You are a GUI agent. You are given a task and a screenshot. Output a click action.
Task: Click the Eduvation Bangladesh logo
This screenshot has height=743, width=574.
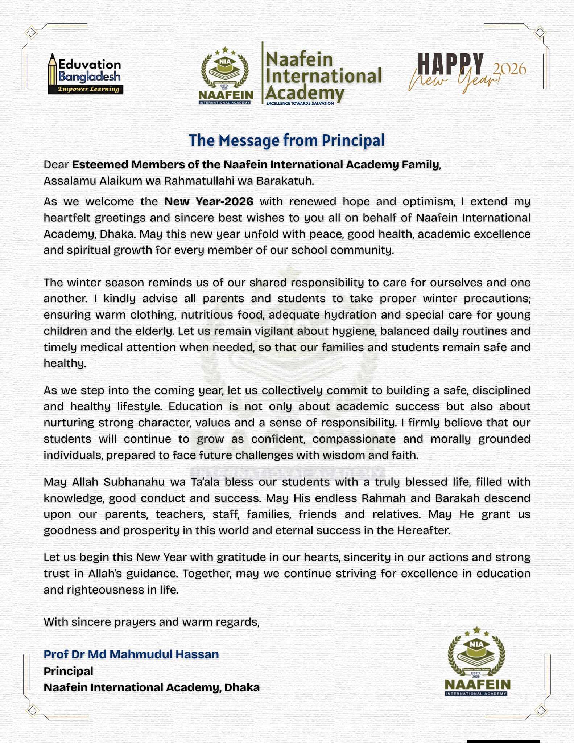[x=86, y=74]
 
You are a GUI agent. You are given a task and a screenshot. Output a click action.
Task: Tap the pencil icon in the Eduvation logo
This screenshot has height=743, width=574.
[x=53, y=73]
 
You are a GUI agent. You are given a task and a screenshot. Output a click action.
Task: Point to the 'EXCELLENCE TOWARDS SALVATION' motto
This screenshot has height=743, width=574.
[x=300, y=104]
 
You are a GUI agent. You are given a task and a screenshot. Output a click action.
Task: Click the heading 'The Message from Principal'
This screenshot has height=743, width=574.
[x=286, y=140]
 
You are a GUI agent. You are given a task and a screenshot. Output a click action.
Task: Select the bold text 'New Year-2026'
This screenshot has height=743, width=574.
[x=208, y=201]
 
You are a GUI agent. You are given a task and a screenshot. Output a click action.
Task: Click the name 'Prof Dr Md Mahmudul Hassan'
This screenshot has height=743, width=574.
[x=131, y=654]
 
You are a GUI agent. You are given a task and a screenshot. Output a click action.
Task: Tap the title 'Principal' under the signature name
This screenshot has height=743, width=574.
[x=68, y=671]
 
